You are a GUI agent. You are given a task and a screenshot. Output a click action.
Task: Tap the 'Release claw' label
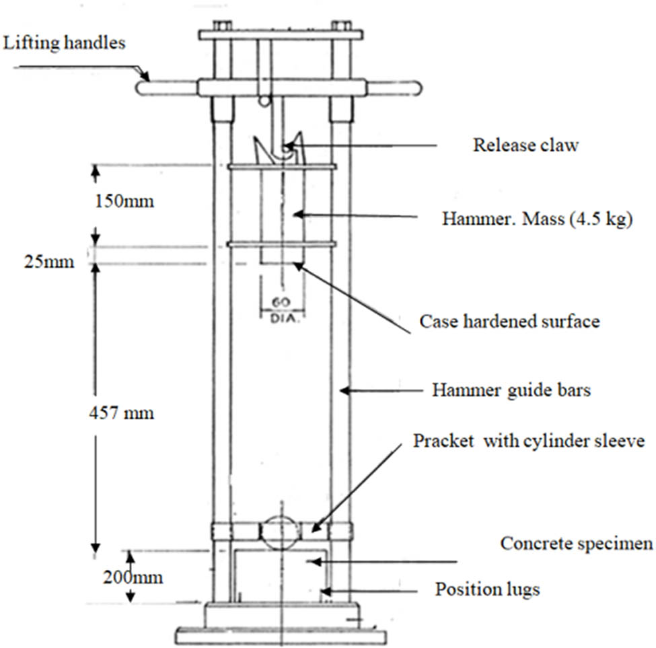(x=525, y=145)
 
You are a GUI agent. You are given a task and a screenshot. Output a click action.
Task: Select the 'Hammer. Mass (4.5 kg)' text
(x=537, y=219)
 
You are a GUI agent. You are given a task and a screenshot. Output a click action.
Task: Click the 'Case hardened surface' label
(x=509, y=322)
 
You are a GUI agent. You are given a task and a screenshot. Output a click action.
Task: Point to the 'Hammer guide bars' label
(x=511, y=390)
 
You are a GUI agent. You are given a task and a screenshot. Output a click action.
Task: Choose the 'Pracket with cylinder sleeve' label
(x=529, y=441)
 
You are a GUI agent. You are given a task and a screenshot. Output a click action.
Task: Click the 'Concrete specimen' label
(x=577, y=544)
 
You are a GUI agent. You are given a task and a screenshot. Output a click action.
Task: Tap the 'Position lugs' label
(x=487, y=590)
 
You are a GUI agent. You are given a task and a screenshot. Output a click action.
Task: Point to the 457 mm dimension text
(x=121, y=412)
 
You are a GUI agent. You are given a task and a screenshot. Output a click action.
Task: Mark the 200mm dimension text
(x=132, y=577)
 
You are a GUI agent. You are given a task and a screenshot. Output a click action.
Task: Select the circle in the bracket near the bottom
(x=281, y=533)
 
